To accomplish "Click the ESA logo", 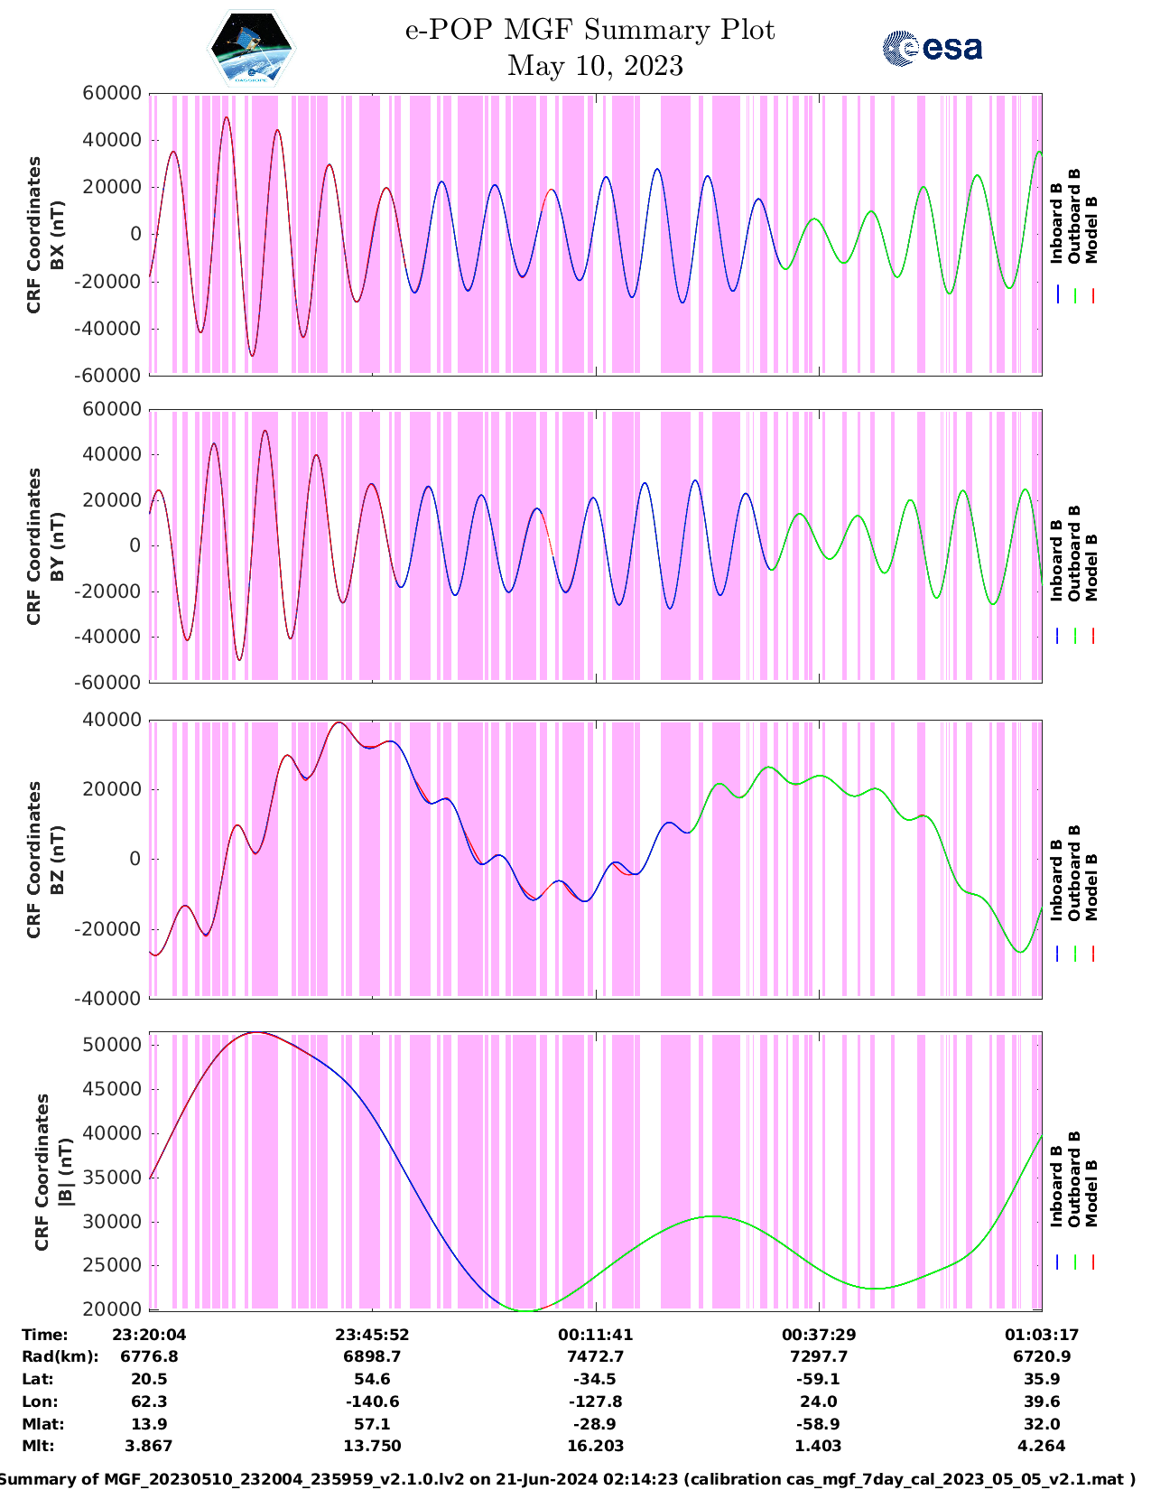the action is (933, 48).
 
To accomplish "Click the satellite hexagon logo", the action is (252, 48).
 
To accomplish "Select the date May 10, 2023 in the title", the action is (595, 66).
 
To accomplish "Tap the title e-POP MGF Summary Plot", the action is (590, 30).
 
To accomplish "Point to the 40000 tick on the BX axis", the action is (112, 140).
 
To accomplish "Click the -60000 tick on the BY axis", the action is (107, 683).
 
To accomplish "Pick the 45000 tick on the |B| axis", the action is (112, 1090).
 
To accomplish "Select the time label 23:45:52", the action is (372, 1335).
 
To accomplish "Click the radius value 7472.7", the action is (595, 1356).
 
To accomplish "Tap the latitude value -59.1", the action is (818, 1379).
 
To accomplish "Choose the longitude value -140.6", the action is (372, 1402).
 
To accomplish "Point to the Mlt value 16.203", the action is (595, 1446).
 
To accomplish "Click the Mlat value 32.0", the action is (1041, 1424).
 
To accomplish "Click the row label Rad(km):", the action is (60, 1356).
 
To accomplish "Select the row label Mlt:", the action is (38, 1446).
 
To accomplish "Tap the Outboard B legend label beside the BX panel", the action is (1073, 216).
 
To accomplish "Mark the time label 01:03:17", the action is (1041, 1335).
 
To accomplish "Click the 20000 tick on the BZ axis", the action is (112, 789).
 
